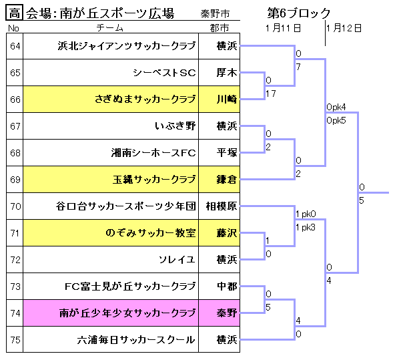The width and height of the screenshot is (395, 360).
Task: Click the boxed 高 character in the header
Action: coord(15,13)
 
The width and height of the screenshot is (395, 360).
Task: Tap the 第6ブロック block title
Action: coord(299,13)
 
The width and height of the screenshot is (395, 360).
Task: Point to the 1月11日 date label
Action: coord(284,28)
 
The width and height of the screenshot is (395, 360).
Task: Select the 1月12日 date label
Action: coord(344,28)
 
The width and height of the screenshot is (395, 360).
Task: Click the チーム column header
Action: coord(110,28)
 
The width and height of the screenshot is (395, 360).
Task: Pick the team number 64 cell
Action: coord(15,46)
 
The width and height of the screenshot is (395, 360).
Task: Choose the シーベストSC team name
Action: coord(165,73)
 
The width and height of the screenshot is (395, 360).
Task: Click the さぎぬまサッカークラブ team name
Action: coord(145,99)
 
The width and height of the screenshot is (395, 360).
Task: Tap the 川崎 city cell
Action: coord(227,99)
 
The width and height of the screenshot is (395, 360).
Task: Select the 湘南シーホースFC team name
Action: coord(153,153)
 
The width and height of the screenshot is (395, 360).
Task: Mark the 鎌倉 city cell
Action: coord(227,179)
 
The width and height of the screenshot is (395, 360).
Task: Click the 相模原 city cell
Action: coord(222,206)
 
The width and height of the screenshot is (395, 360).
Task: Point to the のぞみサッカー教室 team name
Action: coord(151,232)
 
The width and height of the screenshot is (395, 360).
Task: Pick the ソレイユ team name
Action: coord(177,259)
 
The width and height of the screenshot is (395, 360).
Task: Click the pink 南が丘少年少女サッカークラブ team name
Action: coord(127,313)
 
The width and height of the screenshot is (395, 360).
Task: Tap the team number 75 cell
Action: coord(15,339)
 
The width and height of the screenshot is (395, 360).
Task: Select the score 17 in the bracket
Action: coord(271,94)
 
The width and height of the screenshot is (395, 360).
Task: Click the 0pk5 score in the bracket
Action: coord(336,120)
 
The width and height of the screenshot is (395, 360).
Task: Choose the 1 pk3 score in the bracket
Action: coord(306,227)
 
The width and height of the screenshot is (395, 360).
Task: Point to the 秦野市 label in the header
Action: coord(215,13)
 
